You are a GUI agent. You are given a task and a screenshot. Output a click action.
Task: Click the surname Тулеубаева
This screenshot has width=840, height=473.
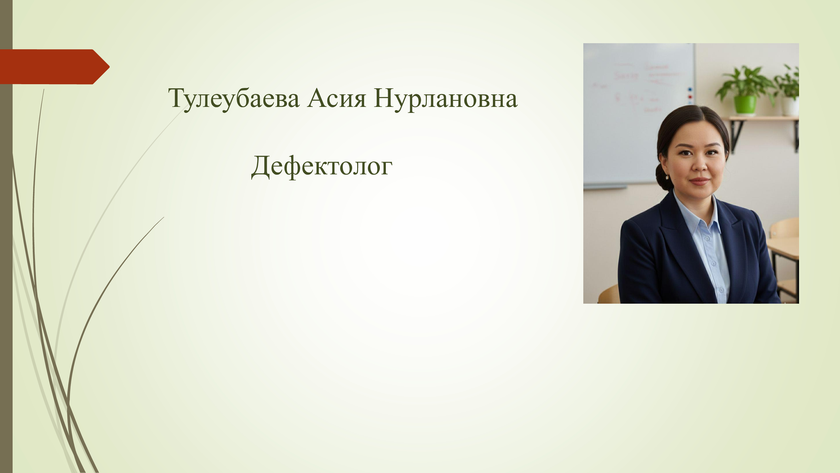(233, 99)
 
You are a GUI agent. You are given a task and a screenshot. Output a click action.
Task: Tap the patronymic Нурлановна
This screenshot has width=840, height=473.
(446, 99)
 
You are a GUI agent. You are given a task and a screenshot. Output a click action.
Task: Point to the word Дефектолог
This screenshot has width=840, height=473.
(322, 166)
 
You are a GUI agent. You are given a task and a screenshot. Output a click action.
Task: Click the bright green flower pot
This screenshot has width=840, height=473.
(745, 104)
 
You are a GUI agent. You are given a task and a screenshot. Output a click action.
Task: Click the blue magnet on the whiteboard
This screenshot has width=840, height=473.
(690, 89)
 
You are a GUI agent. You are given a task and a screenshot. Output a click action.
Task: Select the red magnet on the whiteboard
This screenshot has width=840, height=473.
(690, 97)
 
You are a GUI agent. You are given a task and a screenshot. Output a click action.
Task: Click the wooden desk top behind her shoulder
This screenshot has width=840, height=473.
(783, 248)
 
